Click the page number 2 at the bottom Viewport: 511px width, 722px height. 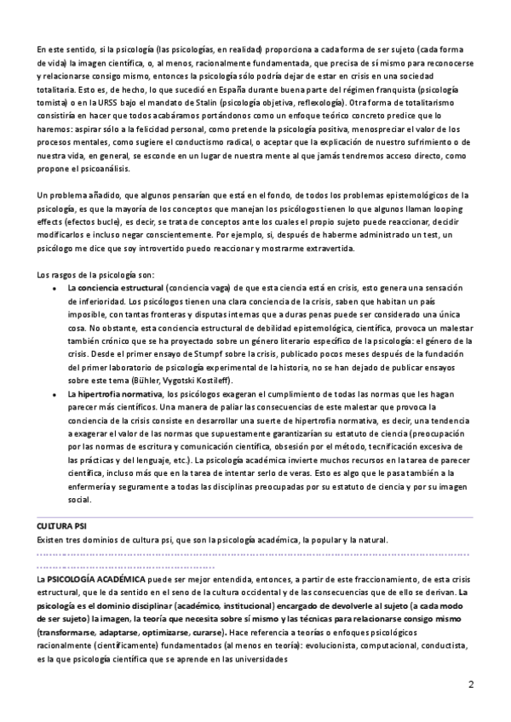point(470,685)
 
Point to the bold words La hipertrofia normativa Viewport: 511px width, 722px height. point(116,394)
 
